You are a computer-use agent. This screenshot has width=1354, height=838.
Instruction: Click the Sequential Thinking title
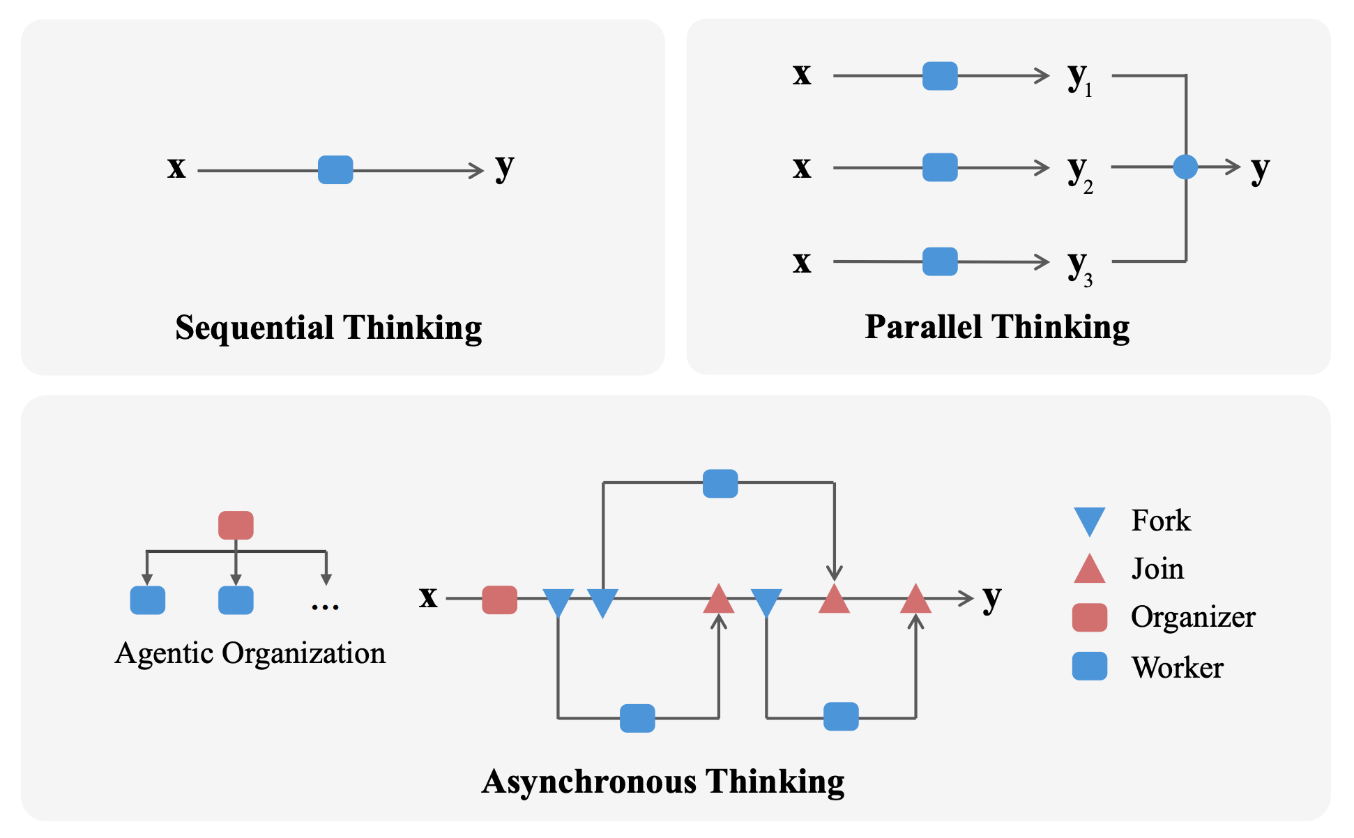pyautogui.click(x=328, y=328)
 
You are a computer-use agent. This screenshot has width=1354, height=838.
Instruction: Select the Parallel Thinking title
pyautogui.click(x=997, y=327)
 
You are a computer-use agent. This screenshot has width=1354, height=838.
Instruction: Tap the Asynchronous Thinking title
pyautogui.click(x=663, y=782)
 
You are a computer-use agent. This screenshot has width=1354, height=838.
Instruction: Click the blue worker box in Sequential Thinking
pyautogui.click(x=335, y=170)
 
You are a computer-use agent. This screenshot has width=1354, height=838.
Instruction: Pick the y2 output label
pyautogui.click(x=1079, y=172)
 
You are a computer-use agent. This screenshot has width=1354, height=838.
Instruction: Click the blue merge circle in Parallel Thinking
pyautogui.click(x=1185, y=167)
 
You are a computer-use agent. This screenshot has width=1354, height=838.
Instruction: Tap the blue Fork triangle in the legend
pyautogui.click(x=1090, y=521)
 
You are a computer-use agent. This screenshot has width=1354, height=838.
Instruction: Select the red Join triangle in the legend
pyautogui.click(x=1090, y=570)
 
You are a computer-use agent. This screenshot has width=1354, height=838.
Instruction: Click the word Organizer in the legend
pyautogui.click(x=1193, y=617)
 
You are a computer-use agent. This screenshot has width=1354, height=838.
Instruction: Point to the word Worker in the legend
pyautogui.click(x=1178, y=668)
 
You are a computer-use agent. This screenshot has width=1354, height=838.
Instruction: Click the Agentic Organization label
pyautogui.click(x=250, y=653)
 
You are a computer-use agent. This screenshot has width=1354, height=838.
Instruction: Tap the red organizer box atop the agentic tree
pyautogui.click(x=236, y=525)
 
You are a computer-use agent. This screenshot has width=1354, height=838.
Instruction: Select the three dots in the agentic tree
pyautogui.click(x=325, y=606)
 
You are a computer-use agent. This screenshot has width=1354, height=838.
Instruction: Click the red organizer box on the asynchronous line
pyautogui.click(x=500, y=600)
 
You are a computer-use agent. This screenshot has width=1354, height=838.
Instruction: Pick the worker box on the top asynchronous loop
pyautogui.click(x=720, y=484)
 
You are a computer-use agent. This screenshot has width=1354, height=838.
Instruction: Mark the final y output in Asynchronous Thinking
pyautogui.click(x=991, y=598)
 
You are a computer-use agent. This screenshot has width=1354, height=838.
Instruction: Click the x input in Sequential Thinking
pyautogui.click(x=176, y=168)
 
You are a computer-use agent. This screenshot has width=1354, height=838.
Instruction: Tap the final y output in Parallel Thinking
pyautogui.click(x=1260, y=169)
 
